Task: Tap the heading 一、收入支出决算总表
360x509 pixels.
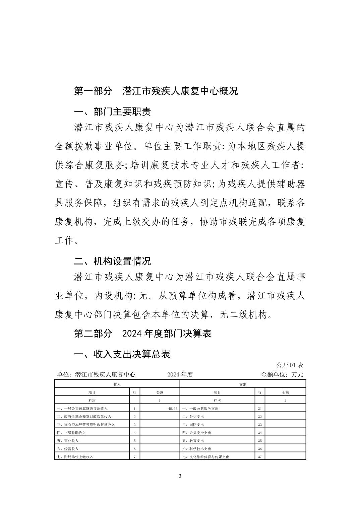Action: click(x=122, y=354)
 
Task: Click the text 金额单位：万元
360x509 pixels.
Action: click(x=282, y=374)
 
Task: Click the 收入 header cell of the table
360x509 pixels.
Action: click(x=117, y=384)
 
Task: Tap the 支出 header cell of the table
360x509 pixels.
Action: click(x=243, y=384)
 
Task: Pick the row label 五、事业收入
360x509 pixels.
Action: click(x=68, y=441)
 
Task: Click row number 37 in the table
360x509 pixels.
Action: click(x=260, y=457)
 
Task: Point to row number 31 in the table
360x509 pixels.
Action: click(x=260, y=409)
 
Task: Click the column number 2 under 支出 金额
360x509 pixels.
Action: click(x=285, y=401)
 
